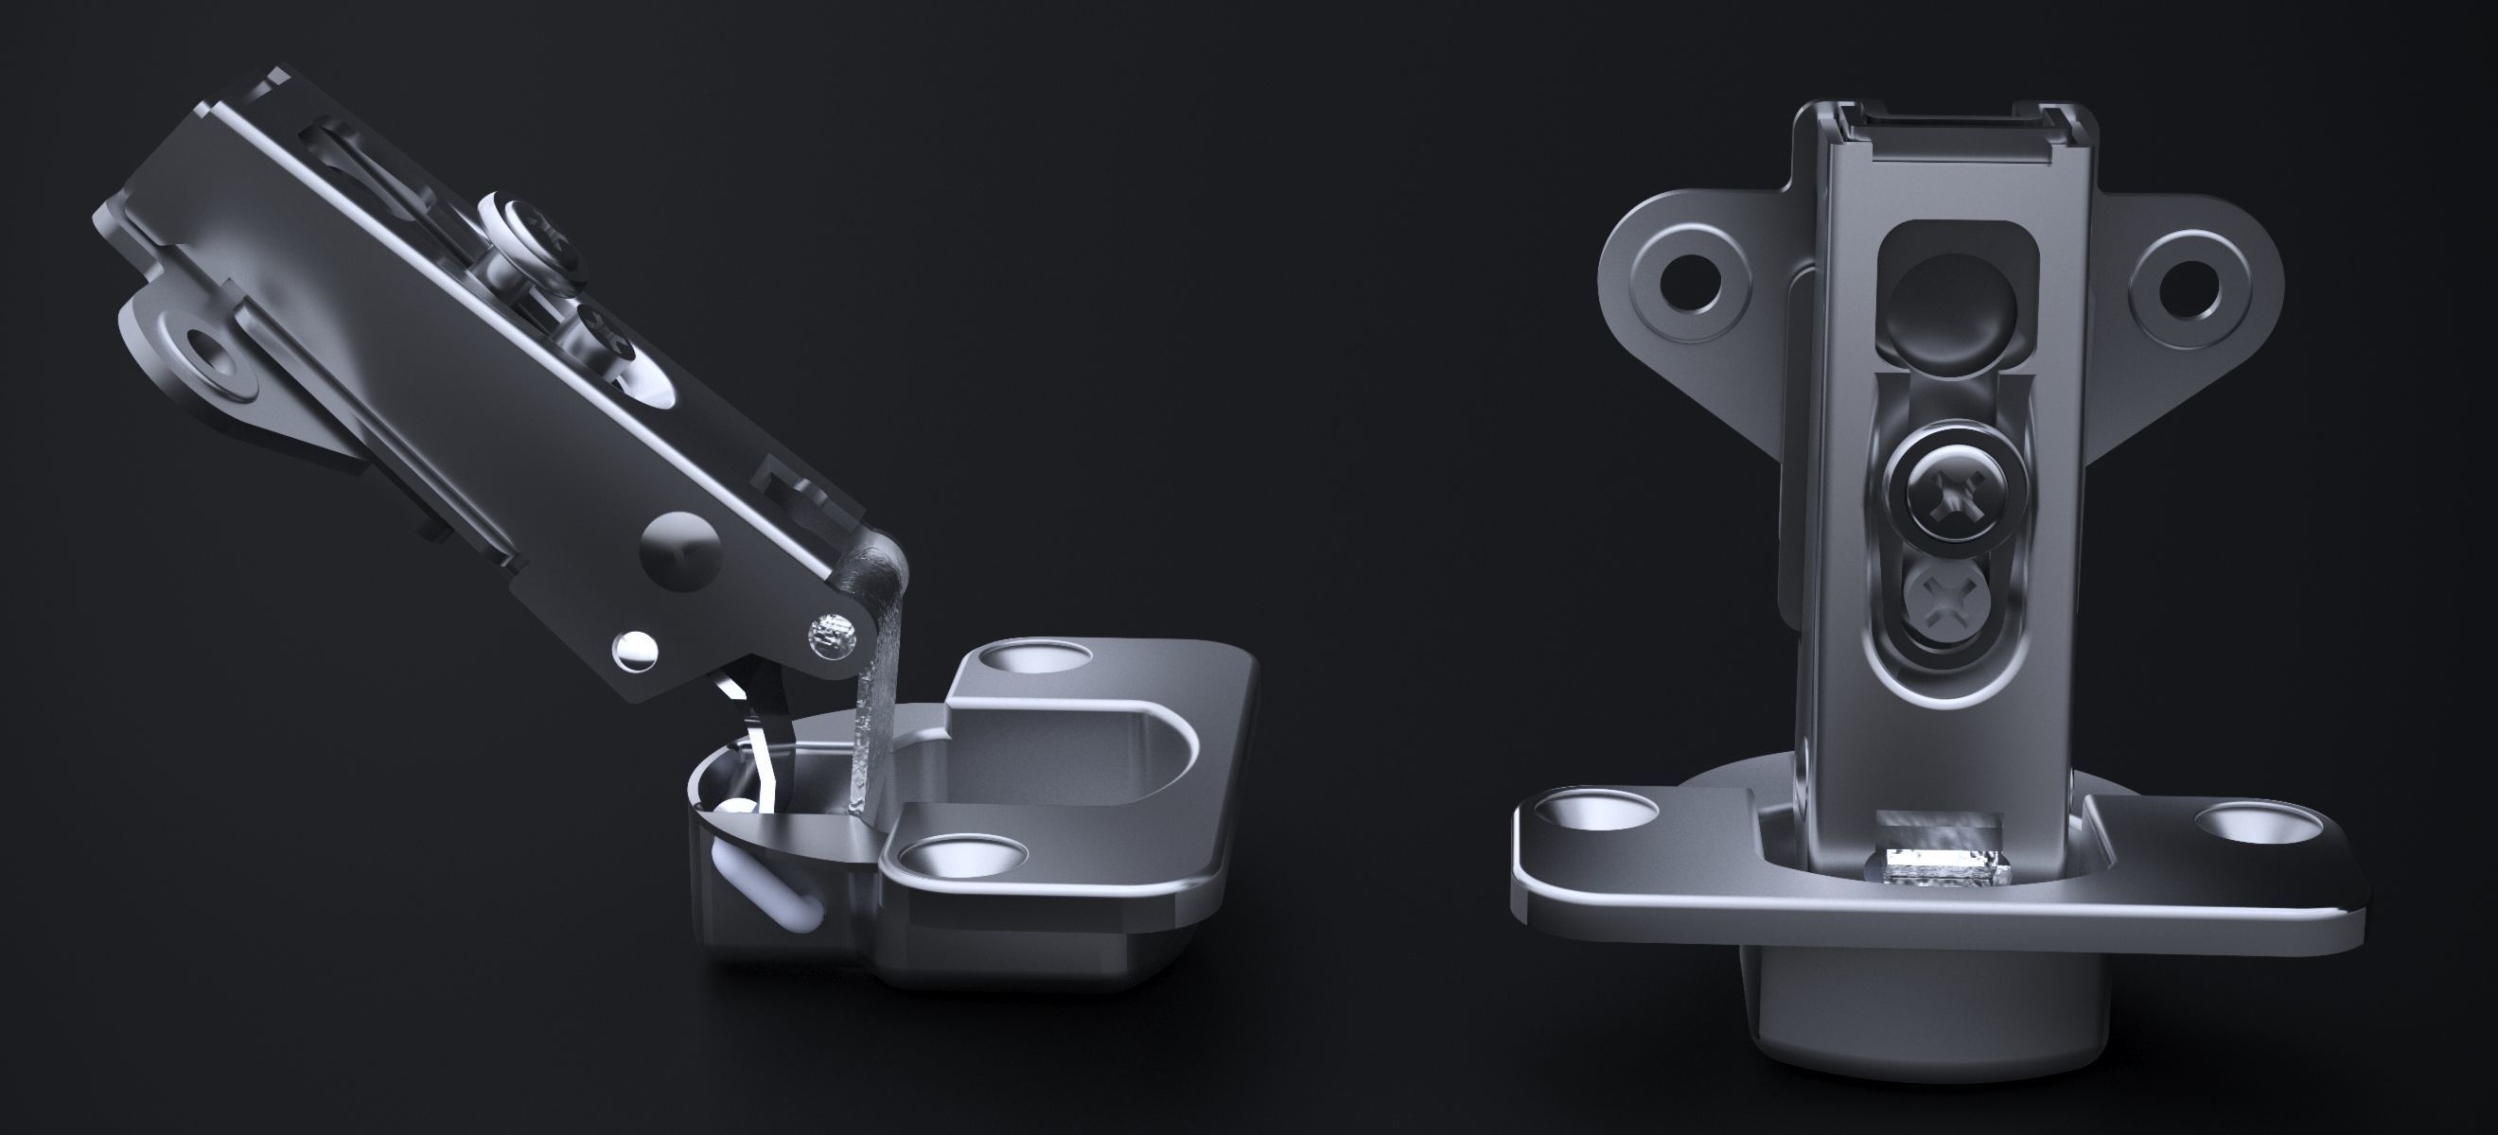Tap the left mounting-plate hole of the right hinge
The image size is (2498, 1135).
click(1689, 284)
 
